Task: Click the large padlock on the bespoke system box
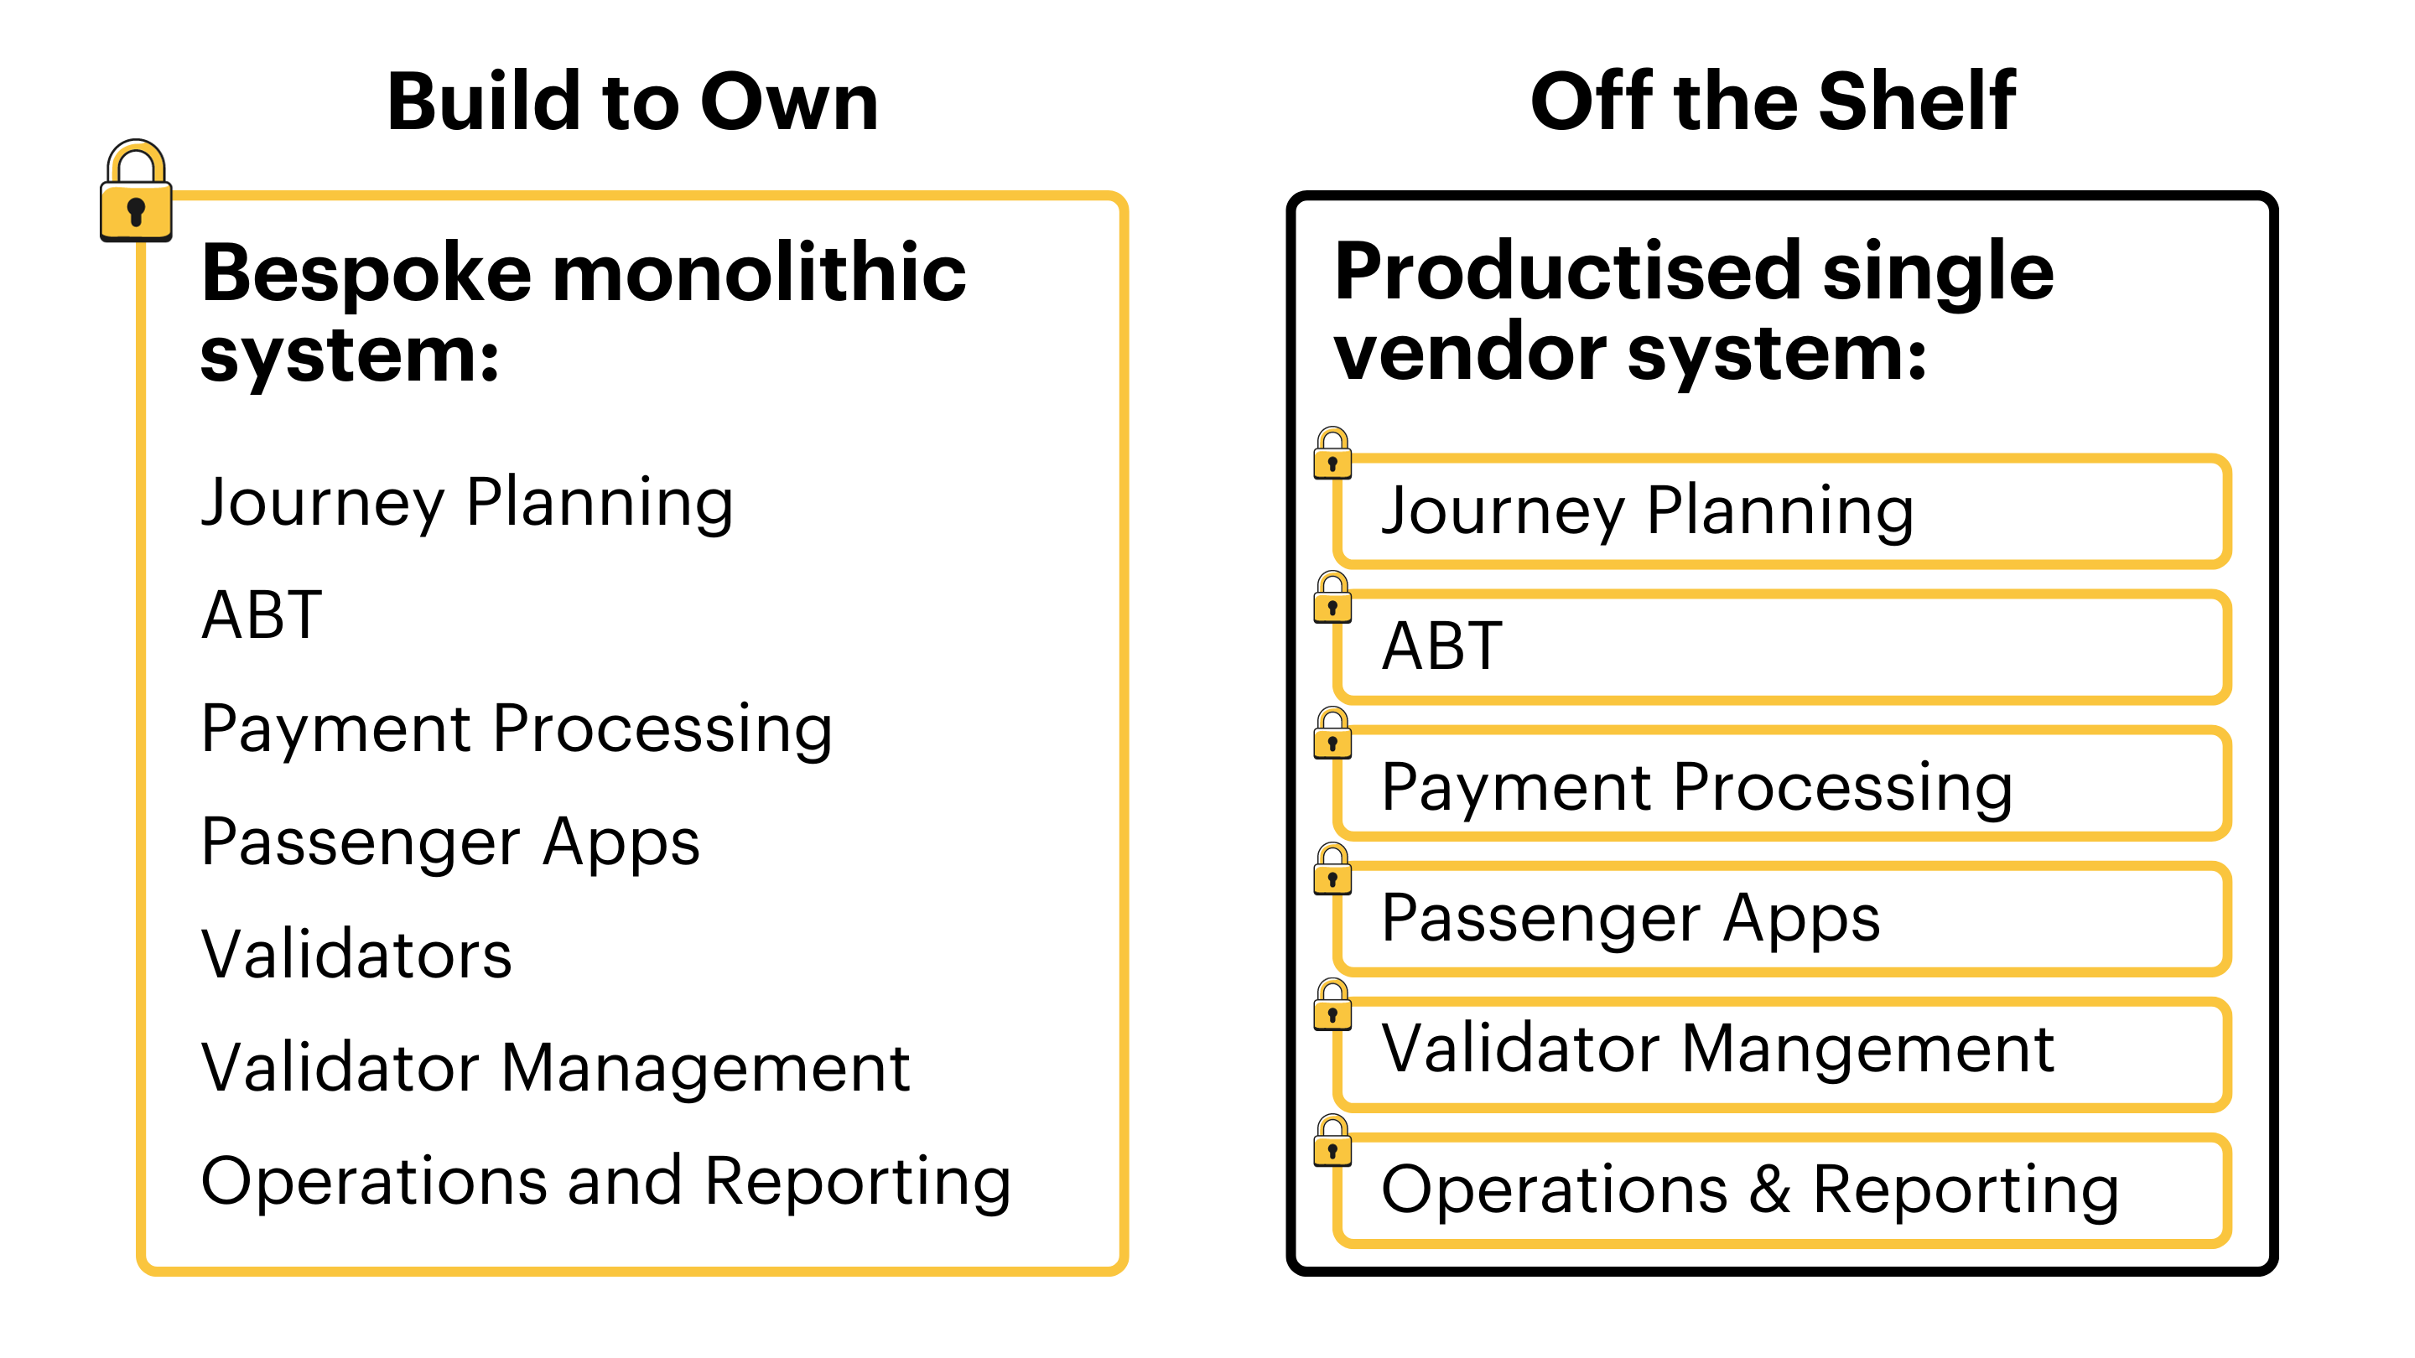tap(136, 194)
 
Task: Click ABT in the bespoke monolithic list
tap(262, 616)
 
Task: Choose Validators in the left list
tap(356, 954)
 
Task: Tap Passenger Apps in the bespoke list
tap(450, 842)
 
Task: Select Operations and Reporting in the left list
tap(605, 1181)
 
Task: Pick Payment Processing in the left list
tap(517, 728)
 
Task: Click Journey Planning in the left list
tap(467, 503)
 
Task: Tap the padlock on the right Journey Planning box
tap(1332, 454)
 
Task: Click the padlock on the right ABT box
tap(1332, 599)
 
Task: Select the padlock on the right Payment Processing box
tap(1332, 735)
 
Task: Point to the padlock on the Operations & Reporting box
tap(1332, 1142)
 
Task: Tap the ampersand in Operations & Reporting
tap(1770, 1189)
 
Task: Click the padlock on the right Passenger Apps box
tap(1332, 871)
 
